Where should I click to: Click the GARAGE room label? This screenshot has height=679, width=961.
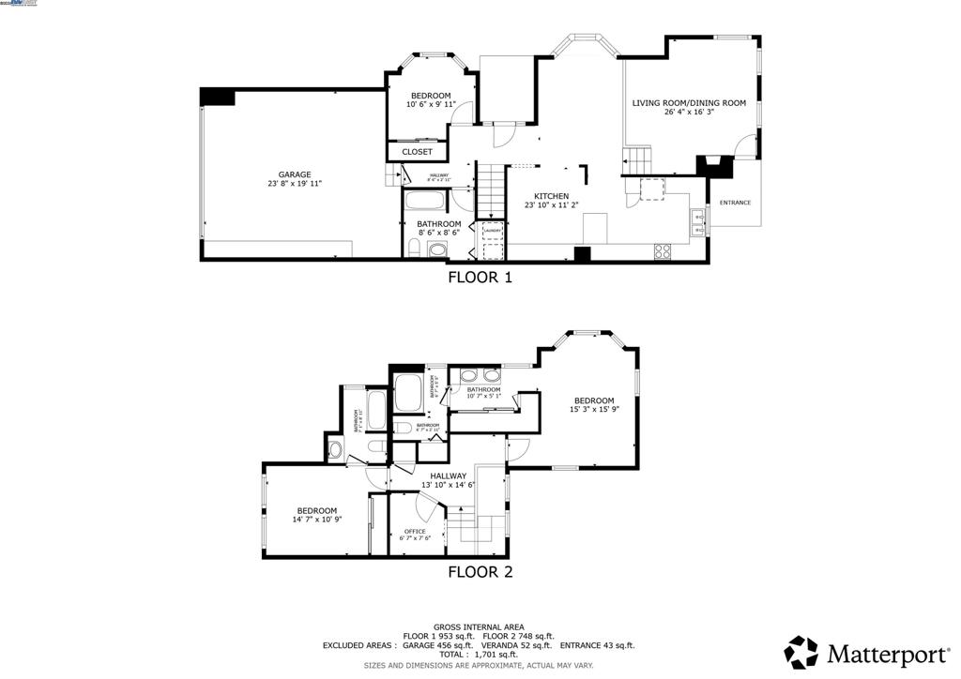[294, 174]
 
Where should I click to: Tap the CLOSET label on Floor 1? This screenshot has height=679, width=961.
[418, 152]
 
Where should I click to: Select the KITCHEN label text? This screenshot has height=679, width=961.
[551, 196]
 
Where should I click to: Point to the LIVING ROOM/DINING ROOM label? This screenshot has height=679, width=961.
[689, 103]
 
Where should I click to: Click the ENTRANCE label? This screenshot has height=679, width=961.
[735, 203]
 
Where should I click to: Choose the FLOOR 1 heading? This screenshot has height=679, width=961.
[480, 277]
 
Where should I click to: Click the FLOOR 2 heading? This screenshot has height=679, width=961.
[480, 571]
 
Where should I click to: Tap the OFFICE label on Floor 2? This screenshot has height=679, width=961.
[415, 531]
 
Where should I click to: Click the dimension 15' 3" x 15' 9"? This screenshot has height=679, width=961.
[594, 409]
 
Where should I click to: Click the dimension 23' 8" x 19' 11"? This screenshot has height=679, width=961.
[294, 184]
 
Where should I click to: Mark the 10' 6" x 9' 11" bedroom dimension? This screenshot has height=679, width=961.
[431, 104]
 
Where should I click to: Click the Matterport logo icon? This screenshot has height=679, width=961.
[801, 652]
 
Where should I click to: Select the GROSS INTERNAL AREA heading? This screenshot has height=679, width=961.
[479, 626]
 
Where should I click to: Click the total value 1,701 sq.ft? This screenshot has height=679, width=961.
[502, 655]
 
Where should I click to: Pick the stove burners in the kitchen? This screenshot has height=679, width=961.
[663, 250]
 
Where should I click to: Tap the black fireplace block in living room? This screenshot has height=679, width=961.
[714, 167]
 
